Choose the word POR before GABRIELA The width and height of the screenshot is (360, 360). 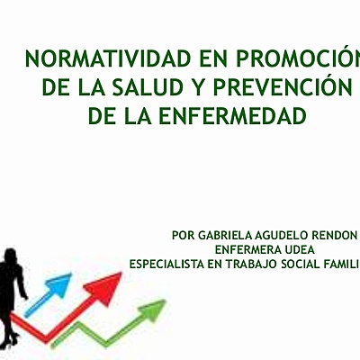coord(182,235)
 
